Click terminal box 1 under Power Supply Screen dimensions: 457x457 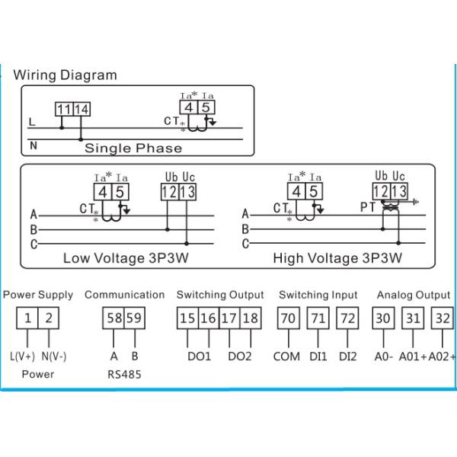coord(27,318)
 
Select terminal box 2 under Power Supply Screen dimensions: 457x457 coord(49,318)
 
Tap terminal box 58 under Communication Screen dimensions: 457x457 coord(113,318)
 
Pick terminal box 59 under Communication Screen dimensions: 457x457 coord(133,318)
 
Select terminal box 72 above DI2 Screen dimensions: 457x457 coord(347,318)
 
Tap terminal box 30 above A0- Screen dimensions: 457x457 coord(382,318)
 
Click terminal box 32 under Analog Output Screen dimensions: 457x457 coord(442,318)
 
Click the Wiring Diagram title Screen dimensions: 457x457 coord(66,75)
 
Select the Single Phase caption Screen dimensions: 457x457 coord(133,148)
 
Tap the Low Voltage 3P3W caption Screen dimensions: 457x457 coord(126,258)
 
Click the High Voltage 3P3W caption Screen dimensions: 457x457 coord(337,258)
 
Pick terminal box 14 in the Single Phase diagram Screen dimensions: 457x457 coord(81,110)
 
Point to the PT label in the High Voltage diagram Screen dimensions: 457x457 coord(368,206)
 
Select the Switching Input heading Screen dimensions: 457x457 coord(318,295)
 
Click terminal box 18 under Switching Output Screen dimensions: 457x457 coord(248,318)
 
